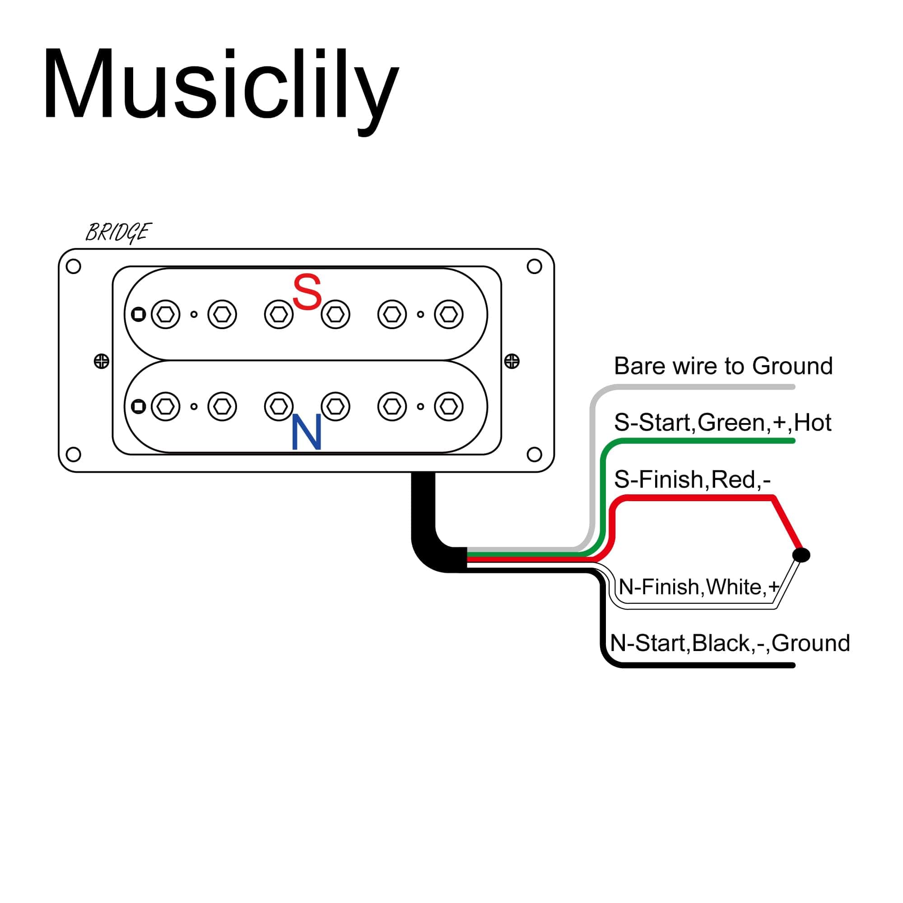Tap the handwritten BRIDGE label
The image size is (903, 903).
118,232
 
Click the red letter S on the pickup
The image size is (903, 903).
307,292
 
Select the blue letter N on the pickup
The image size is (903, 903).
307,432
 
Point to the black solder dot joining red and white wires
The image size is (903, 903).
801,555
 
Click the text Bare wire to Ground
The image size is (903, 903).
723,366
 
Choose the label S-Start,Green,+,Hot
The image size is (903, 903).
722,423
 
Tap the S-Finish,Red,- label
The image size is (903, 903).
692,479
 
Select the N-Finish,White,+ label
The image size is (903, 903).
699,586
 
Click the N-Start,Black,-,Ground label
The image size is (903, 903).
730,643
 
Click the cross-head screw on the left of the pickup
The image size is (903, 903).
102,361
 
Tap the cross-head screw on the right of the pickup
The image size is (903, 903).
512,361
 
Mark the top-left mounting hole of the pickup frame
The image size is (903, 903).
74,266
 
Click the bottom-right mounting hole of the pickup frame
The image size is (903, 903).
534,454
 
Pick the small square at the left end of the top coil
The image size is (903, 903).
138,314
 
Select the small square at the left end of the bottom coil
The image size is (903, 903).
138,407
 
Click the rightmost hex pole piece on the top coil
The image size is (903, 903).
449,314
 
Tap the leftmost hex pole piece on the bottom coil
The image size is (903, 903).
165,407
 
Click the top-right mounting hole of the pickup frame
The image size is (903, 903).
534,266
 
